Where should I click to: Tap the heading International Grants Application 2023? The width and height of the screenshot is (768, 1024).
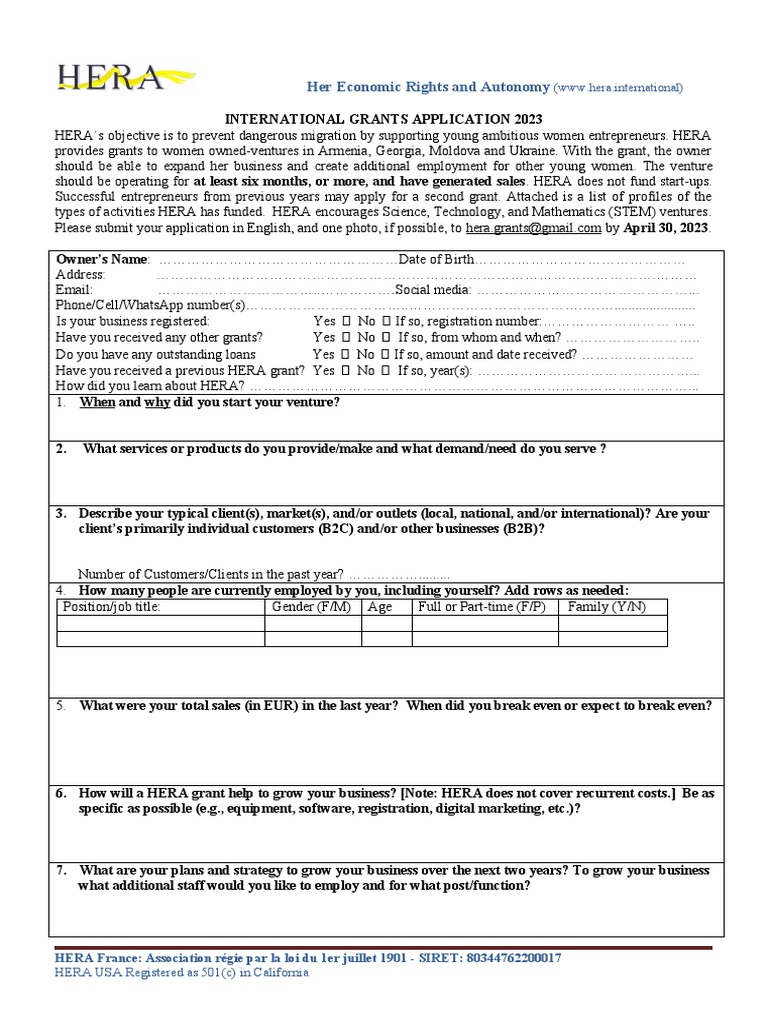(382, 118)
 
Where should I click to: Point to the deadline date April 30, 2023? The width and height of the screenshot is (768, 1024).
(666, 227)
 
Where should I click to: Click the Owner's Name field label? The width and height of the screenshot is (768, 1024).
(102, 259)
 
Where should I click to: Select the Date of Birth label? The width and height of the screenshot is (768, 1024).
(437, 259)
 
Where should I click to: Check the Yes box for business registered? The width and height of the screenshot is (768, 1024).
(345, 322)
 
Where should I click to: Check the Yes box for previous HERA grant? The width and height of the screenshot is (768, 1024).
(345, 370)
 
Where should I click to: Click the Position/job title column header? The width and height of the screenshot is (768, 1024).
(111, 607)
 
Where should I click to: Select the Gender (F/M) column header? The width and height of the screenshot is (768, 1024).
(312, 607)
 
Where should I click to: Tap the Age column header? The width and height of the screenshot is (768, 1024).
(380, 607)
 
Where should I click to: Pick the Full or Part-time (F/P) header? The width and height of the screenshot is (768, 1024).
(483, 607)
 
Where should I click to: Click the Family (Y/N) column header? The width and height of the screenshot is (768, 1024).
(607, 607)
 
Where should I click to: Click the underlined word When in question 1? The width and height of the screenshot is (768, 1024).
(97, 402)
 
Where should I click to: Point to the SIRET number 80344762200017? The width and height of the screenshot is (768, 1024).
(513, 958)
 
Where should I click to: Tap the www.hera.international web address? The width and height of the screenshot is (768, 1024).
(619, 88)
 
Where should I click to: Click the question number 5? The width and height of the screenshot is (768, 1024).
(60, 705)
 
